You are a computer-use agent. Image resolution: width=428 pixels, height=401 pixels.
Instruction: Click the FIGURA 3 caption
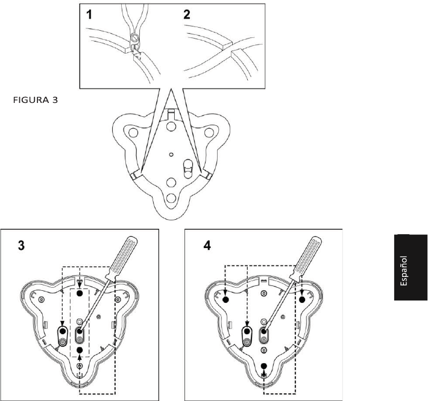36,100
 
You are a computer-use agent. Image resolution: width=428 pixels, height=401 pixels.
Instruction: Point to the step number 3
21,247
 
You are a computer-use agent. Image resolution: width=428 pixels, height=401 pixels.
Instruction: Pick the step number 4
207,247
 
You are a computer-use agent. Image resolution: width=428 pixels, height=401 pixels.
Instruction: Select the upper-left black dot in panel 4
225,299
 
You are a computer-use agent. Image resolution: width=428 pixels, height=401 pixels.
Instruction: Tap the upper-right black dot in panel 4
302,299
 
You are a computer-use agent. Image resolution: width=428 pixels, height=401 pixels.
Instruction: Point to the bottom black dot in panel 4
264,365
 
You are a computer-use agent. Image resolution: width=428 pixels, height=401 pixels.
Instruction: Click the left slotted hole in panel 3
62,336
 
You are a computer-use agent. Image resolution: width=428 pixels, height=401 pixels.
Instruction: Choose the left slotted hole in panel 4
247,336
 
